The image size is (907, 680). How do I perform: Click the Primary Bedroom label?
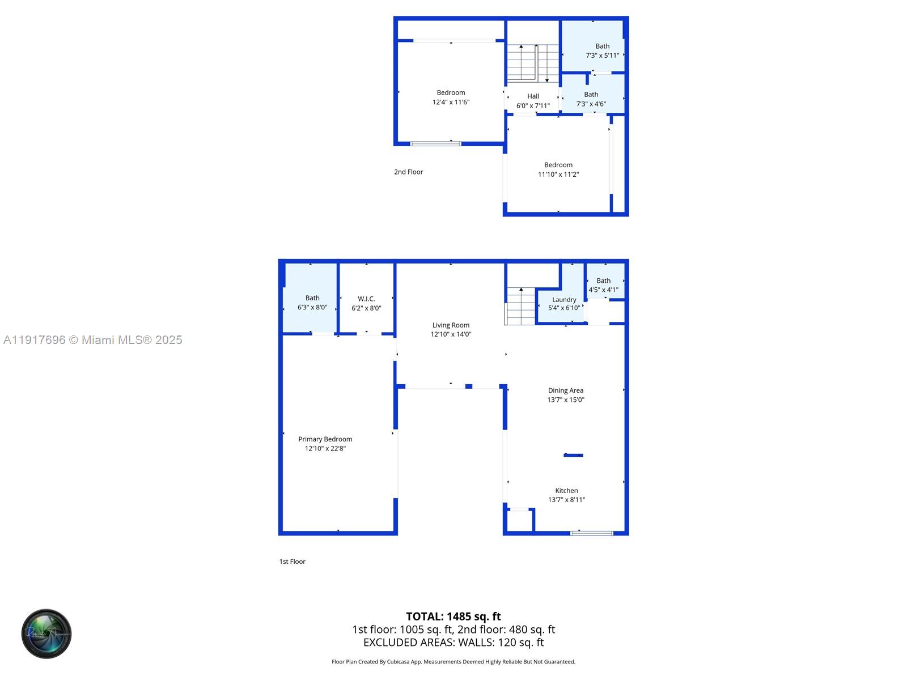[325, 439]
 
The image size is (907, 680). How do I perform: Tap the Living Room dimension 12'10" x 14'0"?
[451, 334]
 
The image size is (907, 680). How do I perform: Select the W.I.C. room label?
[366, 299]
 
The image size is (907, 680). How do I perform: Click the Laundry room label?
[564, 300]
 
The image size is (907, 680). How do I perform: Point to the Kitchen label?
[566, 491]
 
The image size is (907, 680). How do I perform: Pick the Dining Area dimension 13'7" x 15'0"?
[566, 399]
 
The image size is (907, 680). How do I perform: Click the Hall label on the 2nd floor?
[533, 96]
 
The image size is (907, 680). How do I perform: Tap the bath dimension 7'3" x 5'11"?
[602, 56]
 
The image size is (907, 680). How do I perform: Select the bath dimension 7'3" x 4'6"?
[591, 104]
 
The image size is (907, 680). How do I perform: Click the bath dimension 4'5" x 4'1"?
[603, 290]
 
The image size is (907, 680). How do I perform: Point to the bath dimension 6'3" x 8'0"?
[312, 307]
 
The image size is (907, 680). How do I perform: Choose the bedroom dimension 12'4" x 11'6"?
[451, 102]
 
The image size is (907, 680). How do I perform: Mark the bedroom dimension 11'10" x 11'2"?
[558, 175]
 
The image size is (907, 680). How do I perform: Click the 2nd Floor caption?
[408, 172]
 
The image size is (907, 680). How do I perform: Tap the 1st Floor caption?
[292, 562]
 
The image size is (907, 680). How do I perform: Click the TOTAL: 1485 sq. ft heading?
[453, 617]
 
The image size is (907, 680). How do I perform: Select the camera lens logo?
[46, 634]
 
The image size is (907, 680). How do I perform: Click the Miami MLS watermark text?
[92, 340]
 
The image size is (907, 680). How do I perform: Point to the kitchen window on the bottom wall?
[591, 533]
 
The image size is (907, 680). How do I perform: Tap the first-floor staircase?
[520, 307]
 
